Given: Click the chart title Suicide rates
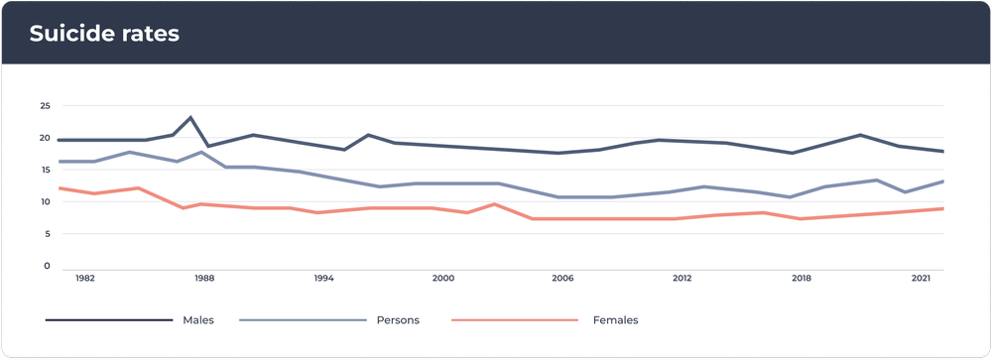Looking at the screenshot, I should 104,34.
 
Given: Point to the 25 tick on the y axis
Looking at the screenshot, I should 45,105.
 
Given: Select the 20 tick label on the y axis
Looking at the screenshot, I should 45,138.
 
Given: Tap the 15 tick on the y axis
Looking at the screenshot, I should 45,170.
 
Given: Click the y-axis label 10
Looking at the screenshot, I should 45,201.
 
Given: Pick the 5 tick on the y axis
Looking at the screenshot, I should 47,234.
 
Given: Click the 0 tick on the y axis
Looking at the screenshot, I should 47,266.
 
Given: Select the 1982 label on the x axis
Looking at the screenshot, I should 85,280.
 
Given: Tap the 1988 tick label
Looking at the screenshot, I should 204,280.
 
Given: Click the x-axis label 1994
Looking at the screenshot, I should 323,280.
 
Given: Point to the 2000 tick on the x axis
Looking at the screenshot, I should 442,280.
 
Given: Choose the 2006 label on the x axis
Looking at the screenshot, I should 562,280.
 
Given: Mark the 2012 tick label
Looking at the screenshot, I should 682,280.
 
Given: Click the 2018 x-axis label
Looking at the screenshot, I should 801,280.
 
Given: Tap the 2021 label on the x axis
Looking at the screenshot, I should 920,280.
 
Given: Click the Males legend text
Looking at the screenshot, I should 198,320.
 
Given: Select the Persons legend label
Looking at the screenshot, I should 398,320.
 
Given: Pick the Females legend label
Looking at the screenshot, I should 615,320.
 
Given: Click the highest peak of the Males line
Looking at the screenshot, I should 190,117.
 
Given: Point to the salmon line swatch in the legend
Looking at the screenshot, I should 514,320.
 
